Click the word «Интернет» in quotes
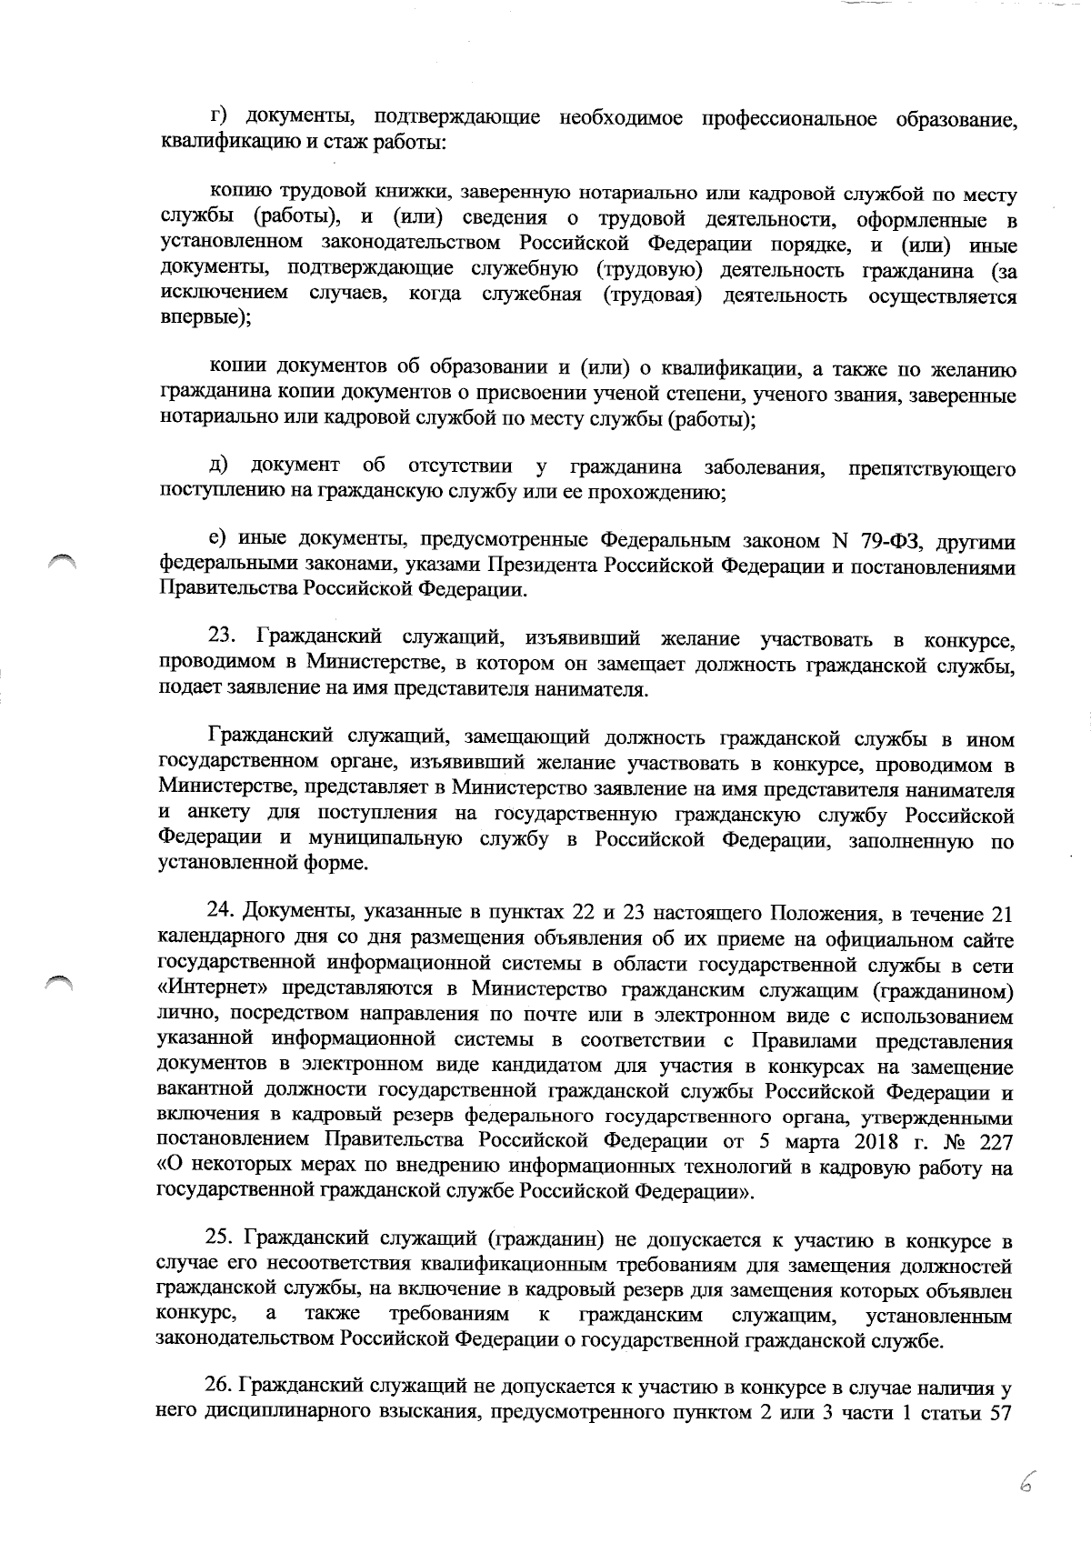[x=215, y=989]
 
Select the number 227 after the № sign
[x=997, y=1141]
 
